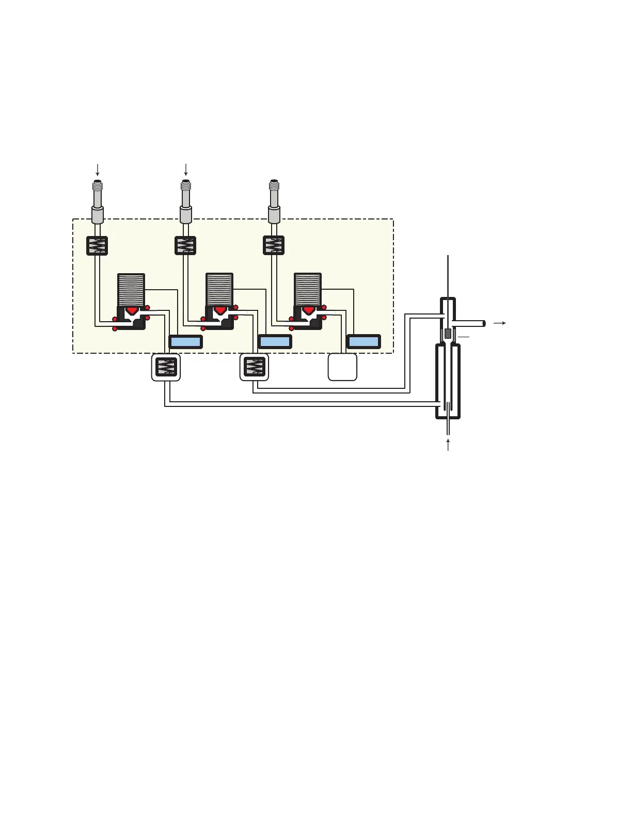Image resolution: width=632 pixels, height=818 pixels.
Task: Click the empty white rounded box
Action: click(x=342, y=367)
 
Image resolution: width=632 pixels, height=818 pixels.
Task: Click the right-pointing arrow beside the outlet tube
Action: click(x=499, y=323)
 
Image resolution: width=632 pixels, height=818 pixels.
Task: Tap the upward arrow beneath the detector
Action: click(x=448, y=445)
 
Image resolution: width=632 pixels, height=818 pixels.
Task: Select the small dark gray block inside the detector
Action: click(x=448, y=334)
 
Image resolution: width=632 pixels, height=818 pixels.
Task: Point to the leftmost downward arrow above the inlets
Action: click(x=97, y=169)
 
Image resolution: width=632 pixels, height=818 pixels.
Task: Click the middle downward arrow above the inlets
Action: click(x=186, y=169)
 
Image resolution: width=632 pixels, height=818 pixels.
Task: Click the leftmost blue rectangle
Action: click(x=185, y=342)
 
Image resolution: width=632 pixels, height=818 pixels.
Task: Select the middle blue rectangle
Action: click(x=275, y=342)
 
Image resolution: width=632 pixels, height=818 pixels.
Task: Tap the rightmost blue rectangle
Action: click(x=364, y=342)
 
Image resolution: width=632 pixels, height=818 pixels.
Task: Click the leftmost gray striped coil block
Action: click(x=131, y=290)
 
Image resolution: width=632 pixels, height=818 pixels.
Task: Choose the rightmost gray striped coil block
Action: click(x=308, y=290)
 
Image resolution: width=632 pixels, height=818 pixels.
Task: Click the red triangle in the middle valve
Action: click(x=220, y=310)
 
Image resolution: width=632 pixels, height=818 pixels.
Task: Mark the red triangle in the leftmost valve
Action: click(x=132, y=310)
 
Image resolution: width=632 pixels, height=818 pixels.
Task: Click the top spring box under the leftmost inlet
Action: click(x=97, y=246)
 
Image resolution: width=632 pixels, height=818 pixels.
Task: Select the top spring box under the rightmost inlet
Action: click(x=274, y=246)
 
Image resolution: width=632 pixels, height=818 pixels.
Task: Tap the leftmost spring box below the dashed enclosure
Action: click(x=166, y=367)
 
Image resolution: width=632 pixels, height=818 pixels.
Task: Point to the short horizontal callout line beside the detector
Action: click(x=463, y=337)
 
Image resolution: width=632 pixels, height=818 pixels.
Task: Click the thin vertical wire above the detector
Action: click(x=448, y=276)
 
